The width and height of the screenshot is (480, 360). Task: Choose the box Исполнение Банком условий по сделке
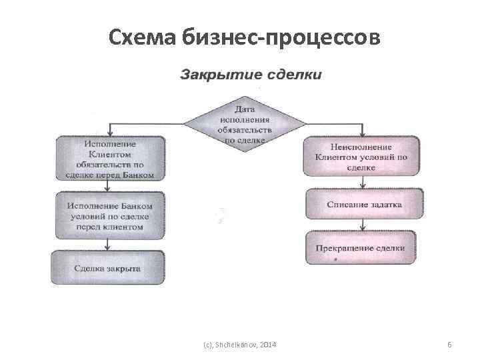109,216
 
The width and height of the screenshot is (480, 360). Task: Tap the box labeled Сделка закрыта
108,267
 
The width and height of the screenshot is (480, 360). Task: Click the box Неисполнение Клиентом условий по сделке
362,157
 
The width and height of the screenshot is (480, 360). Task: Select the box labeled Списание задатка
364,205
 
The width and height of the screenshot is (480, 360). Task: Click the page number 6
449,344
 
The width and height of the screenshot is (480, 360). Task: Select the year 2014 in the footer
269,344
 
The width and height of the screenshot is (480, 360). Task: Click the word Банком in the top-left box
139,175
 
